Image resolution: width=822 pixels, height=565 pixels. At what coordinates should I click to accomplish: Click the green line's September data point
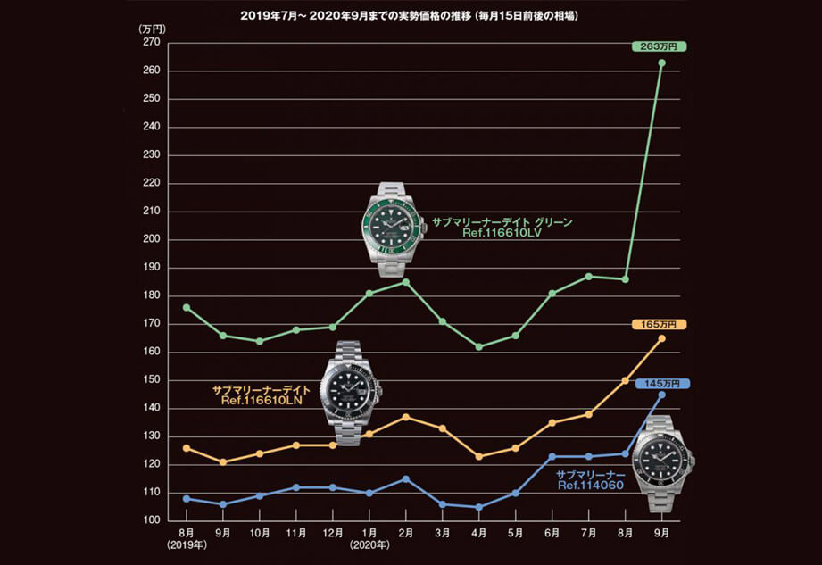pyautogui.click(x=661, y=62)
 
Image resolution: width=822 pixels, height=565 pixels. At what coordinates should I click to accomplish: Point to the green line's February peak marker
pyautogui.click(x=405, y=282)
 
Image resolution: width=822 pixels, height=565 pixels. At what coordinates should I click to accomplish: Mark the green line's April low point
pyautogui.click(x=479, y=346)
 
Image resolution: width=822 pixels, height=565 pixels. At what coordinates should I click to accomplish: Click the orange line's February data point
pyautogui.click(x=405, y=417)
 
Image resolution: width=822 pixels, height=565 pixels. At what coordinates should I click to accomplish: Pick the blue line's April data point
pyautogui.click(x=479, y=507)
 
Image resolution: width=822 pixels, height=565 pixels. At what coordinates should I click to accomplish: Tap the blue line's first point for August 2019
pyautogui.click(x=186, y=498)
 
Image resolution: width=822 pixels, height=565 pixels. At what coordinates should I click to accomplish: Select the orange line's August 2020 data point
pyautogui.click(x=625, y=380)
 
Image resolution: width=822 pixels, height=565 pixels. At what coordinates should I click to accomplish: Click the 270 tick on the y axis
pyautogui.click(x=149, y=42)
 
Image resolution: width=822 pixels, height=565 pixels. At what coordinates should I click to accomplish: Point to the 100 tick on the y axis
pyautogui.click(x=149, y=520)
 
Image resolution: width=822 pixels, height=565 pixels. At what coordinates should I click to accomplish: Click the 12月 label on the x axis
pyautogui.click(x=332, y=532)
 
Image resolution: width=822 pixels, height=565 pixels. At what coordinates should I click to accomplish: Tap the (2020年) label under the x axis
pyautogui.click(x=369, y=543)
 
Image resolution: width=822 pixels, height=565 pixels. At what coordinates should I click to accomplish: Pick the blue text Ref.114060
pyautogui.click(x=589, y=486)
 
